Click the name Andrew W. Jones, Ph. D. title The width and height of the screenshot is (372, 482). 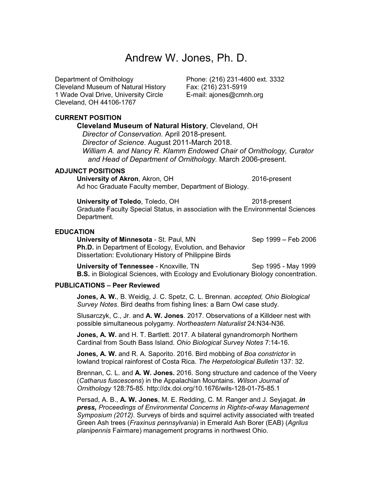[186, 58]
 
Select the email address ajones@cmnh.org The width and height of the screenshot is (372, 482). [236, 95]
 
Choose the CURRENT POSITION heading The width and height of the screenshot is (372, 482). [88, 118]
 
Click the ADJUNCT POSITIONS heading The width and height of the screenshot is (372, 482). [90, 171]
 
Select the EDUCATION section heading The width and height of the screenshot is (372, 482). [74, 232]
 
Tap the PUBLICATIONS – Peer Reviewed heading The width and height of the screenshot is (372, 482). [107, 285]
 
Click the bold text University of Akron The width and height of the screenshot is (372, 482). [108, 179]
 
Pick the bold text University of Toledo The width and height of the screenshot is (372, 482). [109, 201]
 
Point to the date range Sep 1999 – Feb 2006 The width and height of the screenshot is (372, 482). [284, 240]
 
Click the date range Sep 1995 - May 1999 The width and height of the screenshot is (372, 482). [284, 266]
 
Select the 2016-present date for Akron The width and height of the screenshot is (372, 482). [271, 179]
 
